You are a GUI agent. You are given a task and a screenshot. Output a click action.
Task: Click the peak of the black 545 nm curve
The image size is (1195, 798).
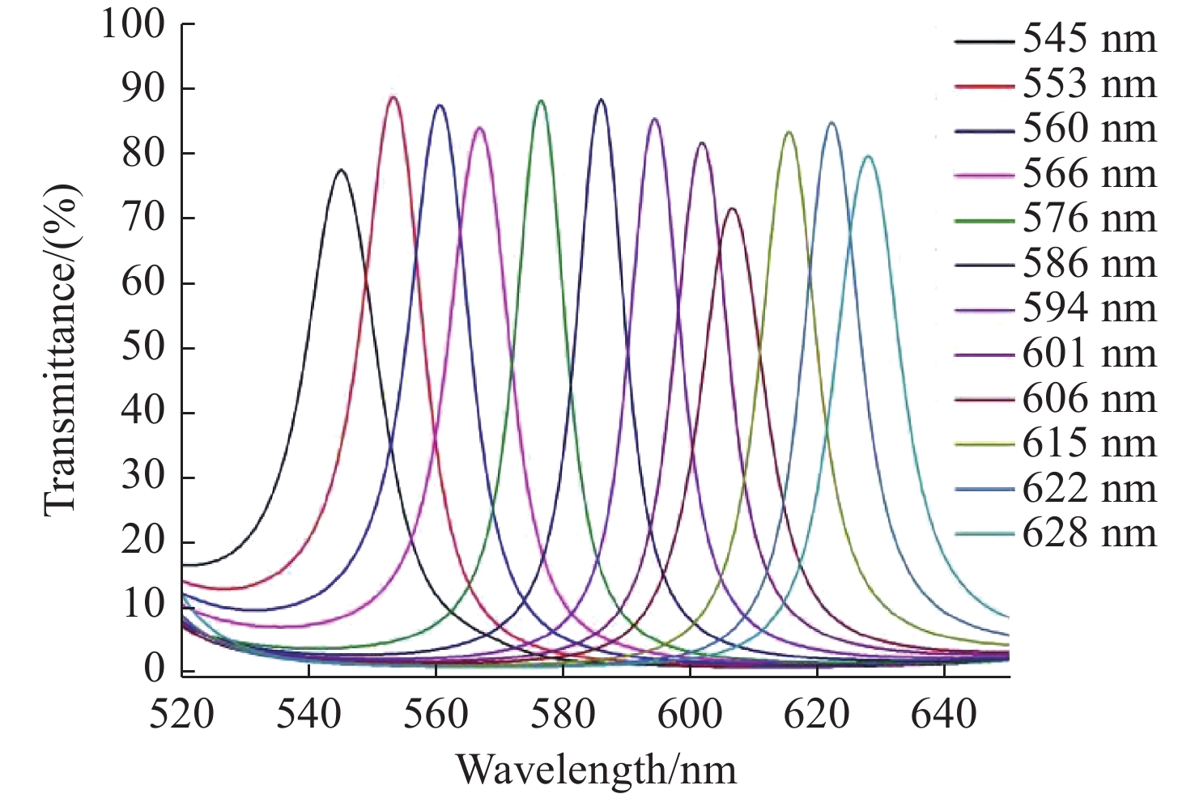[341, 170]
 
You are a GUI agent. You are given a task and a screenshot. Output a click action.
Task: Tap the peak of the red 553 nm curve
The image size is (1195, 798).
[393, 97]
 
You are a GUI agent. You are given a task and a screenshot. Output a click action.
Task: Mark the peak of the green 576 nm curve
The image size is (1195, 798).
[541, 100]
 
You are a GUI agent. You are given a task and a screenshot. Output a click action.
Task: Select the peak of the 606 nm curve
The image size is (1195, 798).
[732, 209]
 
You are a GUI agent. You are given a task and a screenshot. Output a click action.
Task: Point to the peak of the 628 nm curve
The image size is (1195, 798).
[868, 156]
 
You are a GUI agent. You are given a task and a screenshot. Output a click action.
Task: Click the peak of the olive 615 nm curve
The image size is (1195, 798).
[789, 132]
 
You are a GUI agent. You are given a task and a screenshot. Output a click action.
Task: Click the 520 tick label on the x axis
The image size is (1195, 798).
[181, 715]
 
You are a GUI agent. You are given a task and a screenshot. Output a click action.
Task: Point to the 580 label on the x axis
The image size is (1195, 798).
[563, 715]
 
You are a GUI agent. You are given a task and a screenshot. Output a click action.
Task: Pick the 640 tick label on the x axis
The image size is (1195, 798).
[943, 715]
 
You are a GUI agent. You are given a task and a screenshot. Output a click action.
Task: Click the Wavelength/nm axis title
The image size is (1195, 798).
[597, 770]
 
